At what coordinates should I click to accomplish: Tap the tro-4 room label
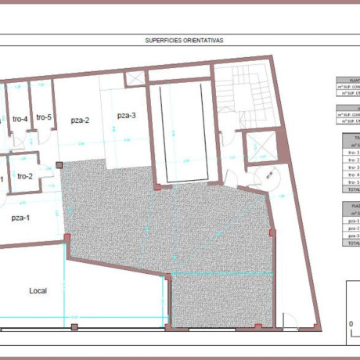(x=20, y=119)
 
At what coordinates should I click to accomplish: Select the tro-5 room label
(x=44, y=117)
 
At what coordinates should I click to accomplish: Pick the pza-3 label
(x=126, y=116)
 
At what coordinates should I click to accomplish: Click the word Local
(x=38, y=290)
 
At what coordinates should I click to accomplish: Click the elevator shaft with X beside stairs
(x=258, y=148)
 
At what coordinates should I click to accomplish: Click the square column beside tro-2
(x=59, y=166)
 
